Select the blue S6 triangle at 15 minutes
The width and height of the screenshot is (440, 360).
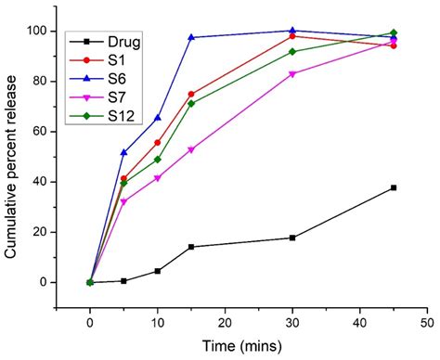[x=191, y=37]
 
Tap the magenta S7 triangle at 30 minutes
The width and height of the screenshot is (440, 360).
[x=292, y=74]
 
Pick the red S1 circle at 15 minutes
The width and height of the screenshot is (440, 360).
[x=191, y=94]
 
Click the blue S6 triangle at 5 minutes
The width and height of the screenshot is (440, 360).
[x=123, y=152]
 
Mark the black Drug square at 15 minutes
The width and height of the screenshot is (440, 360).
[x=191, y=247]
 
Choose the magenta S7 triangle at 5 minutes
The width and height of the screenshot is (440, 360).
[x=123, y=201]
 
